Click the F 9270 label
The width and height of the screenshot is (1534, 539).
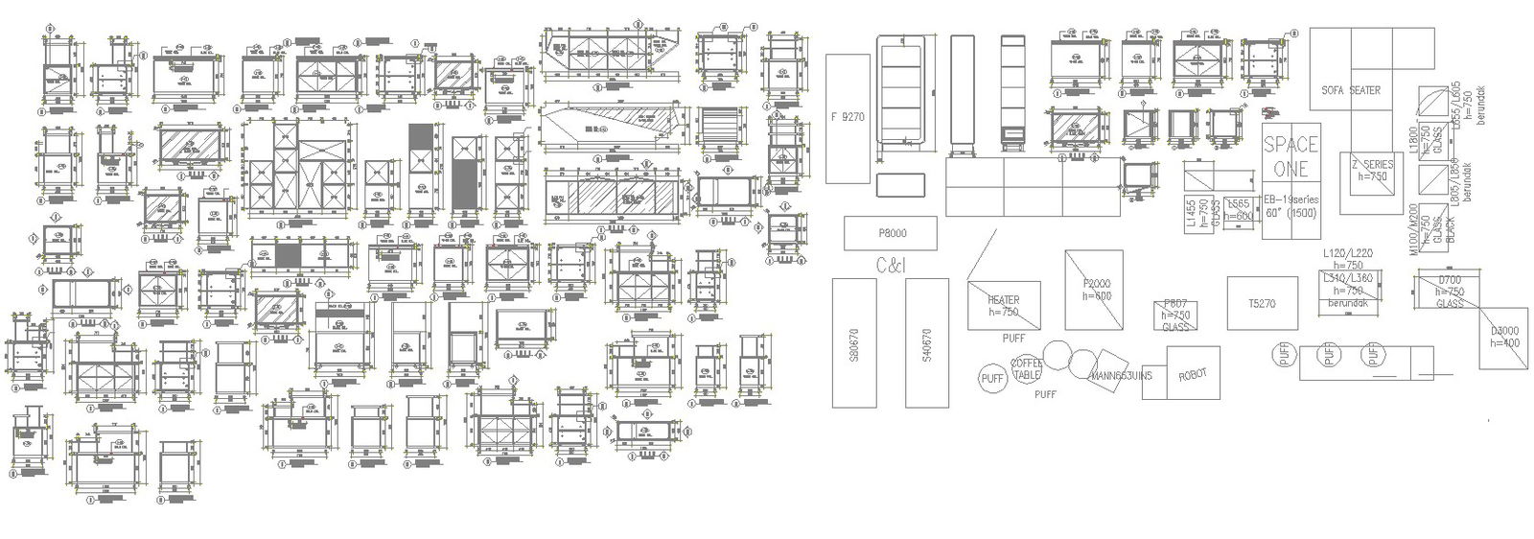(x=848, y=118)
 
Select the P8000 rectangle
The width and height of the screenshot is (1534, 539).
(x=891, y=233)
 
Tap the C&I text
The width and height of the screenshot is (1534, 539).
(x=891, y=265)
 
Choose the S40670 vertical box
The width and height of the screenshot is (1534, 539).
(x=926, y=342)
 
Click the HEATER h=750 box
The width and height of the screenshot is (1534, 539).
(x=1004, y=305)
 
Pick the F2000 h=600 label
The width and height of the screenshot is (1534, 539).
(x=1095, y=290)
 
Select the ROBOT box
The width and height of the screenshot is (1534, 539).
(x=1192, y=375)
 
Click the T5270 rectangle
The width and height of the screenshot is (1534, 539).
(x=1261, y=304)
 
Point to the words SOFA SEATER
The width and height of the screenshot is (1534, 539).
(x=1351, y=90)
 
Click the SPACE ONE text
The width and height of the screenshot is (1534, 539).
(x=1290, y=156)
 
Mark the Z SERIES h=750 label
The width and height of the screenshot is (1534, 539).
(x=1372, y=170)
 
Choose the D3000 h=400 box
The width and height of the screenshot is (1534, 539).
(x=1503, y=336)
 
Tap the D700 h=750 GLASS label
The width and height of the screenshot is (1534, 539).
(x=1449, y=291)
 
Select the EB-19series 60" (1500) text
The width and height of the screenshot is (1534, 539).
(x=1290, y=204)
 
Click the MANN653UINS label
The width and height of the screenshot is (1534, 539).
(x=1120, y=375)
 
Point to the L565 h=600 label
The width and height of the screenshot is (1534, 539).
(x=1239, y=210)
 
